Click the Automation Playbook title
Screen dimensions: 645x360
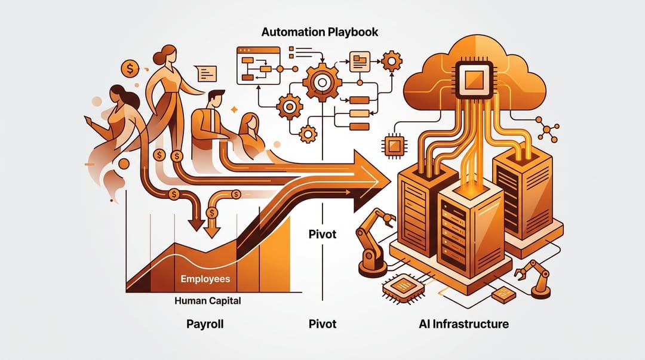tap(320, 32)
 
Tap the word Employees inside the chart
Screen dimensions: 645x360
tap(205, 279)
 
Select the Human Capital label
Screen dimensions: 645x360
tap(208, 301)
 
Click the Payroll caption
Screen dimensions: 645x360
tap(205, 324)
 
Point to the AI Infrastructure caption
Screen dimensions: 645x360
tap(463, 324)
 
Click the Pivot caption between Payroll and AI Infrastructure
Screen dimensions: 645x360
tap(322, 324)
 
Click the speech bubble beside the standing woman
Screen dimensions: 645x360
tap(207, 73)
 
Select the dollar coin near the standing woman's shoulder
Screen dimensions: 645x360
tap(130, 69)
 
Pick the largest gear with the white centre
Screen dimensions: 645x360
tap(322, 83)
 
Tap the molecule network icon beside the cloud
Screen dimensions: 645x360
tap(547, 129)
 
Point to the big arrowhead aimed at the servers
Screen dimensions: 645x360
tap(370, 181)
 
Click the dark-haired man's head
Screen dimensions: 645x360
tap(216, 100)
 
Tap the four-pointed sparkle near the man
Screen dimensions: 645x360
tap(234, 109)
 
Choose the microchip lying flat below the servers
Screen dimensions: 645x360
tap(403, 288)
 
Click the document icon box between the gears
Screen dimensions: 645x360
tap(360, 61)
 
